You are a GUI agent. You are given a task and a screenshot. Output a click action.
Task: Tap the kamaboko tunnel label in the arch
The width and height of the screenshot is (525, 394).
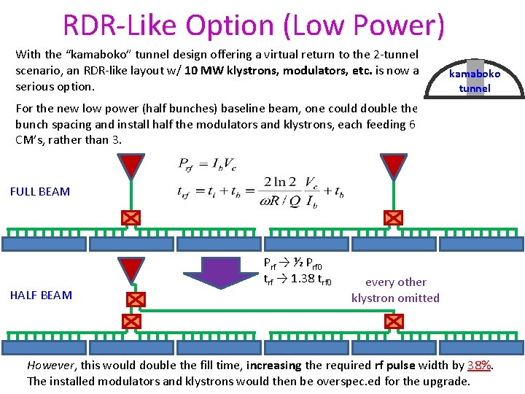[x=474, y=81]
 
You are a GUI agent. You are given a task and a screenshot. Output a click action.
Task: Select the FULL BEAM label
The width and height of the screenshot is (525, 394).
[x=40, y=191]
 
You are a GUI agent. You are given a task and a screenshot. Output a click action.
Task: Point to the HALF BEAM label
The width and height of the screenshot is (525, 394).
[x=41, y=295]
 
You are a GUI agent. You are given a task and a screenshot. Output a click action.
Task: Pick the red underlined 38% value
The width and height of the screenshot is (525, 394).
[x=480, y=365]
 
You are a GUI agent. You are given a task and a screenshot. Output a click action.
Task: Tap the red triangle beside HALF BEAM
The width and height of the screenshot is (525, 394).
[x=133, y=269]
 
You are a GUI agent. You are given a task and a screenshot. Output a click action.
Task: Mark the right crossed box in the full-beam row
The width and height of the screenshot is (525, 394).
[x=394, y=217]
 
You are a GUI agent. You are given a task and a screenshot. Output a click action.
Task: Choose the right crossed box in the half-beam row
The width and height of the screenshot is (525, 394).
[x=394, y=321]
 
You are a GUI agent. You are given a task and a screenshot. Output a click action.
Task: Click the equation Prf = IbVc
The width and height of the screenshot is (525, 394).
[x=207, y=164]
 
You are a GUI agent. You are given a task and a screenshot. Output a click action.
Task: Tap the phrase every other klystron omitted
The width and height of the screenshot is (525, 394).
[x=395, y=290]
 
